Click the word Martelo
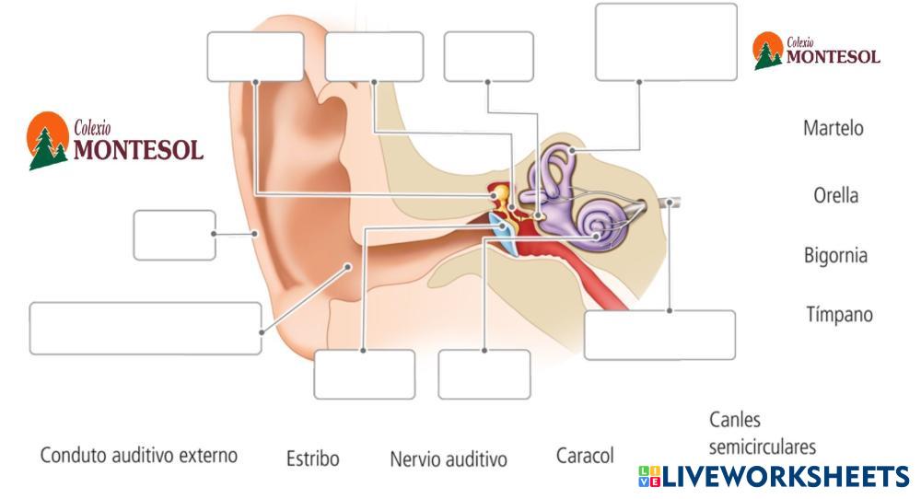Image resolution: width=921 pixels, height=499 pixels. pyautogui.click(x=833, y=128)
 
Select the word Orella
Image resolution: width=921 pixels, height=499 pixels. pyautogui.click(x=835, y=195)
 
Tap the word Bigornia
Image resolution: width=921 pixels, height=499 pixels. pyautogui.click(x=834, y=255)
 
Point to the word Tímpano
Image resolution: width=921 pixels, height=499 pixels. pyautogui.click(x=838, y=314)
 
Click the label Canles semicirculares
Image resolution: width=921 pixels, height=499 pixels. pyautogui.click(x=762, y=433)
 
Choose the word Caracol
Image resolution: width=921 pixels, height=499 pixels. pyautogui.click(x=585, y=456)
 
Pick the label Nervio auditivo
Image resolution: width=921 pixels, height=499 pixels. pyautogui.click(x=448, y=458)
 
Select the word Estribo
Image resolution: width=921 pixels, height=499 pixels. pyautogui.click(x=312, y=458)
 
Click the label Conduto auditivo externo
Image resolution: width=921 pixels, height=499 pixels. pyautogui.click(x=138, y=455)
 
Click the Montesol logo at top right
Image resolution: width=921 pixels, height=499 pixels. pyautogui.click(x=816, y=52)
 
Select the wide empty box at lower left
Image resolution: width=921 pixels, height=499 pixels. pyautogui.click(x=146, y=328)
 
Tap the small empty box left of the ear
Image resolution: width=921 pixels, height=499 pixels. pyautogui.click(x=174, y=235)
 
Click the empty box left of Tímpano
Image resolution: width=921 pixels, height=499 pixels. pyautogui.click(x=659, y=334)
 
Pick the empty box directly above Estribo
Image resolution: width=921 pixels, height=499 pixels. pyautogui.click(x=364, y=374)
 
